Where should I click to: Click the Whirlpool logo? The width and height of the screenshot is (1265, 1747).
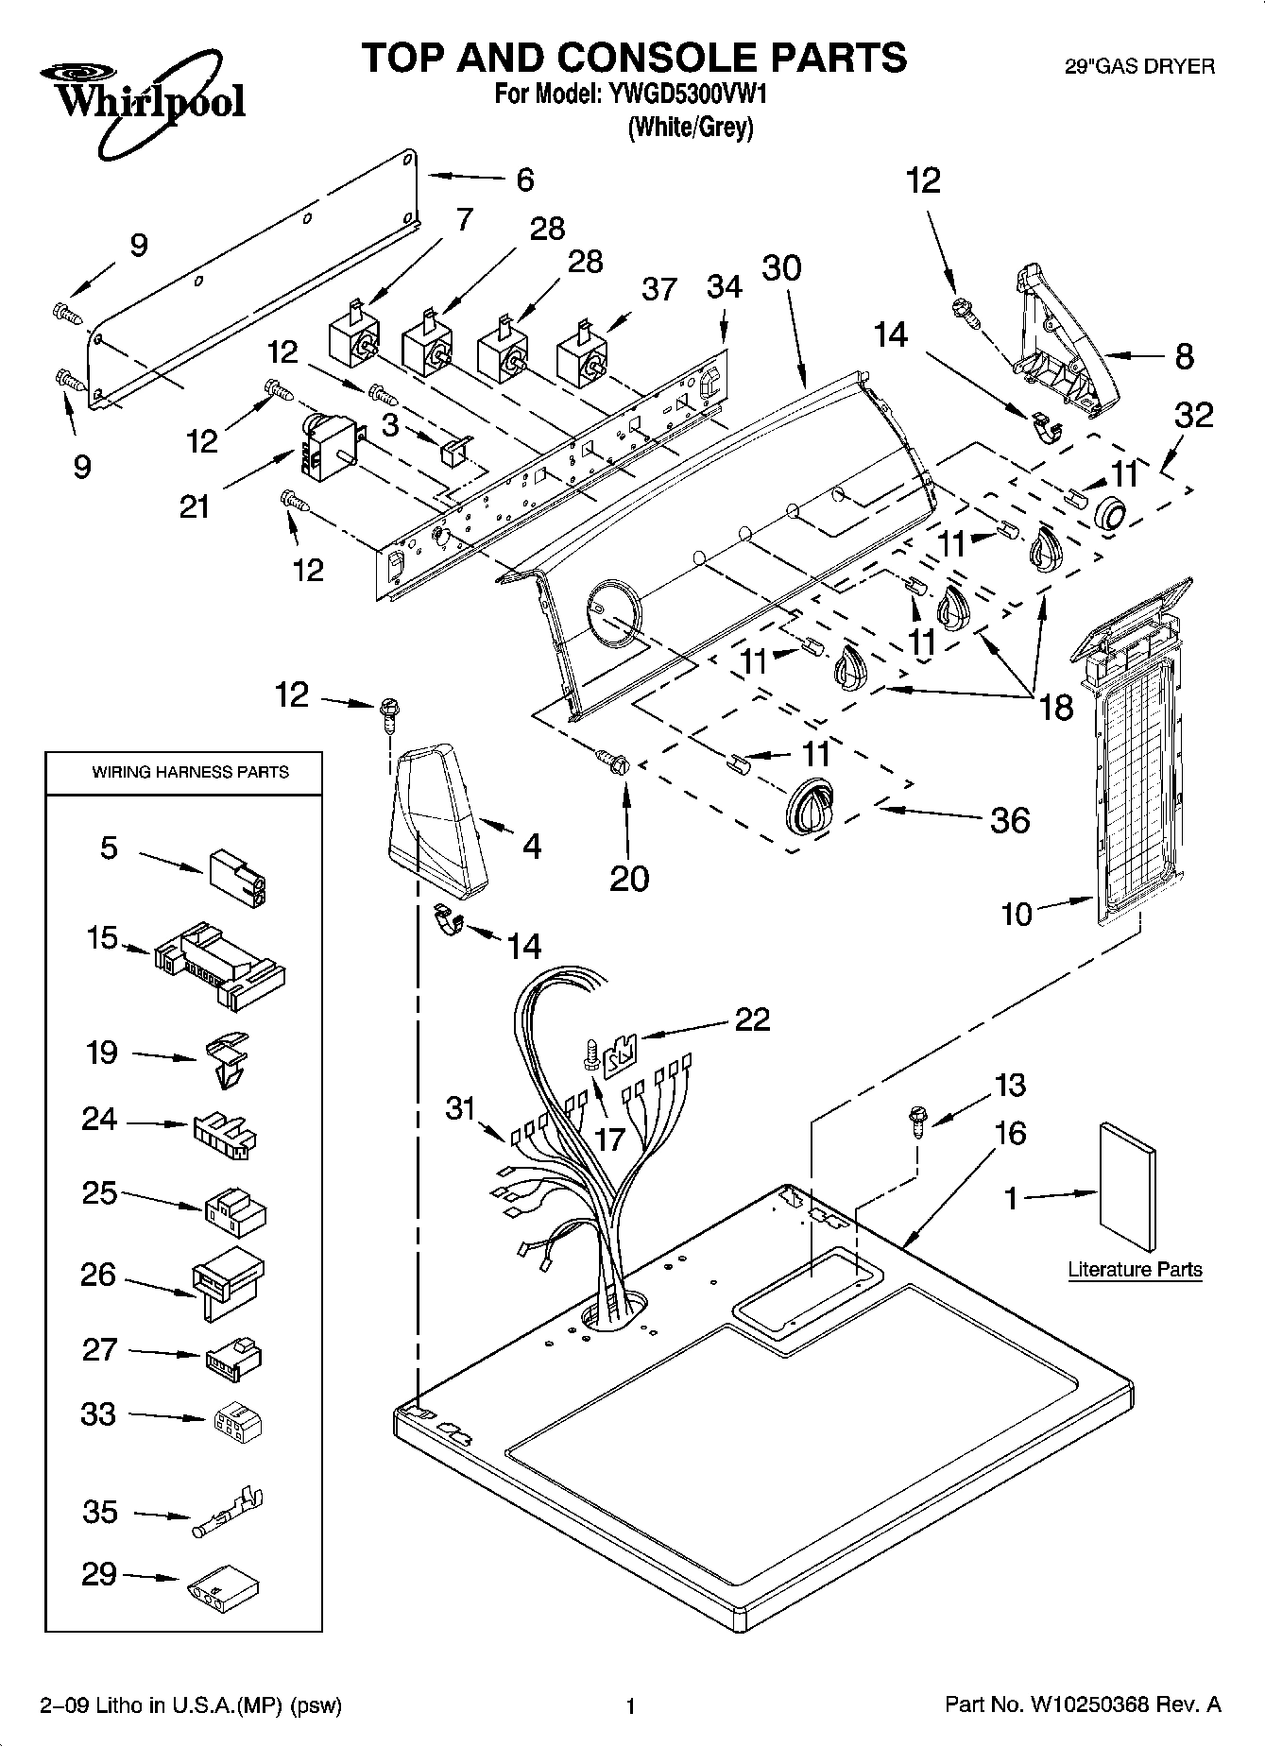coord(143,99)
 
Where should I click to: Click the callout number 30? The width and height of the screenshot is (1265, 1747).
coord(781,268)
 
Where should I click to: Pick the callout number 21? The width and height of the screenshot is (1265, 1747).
coord(195,506)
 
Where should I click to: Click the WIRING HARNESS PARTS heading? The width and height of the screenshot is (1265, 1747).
coord(190,772)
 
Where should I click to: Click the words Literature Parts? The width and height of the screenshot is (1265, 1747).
coord(1135,1269)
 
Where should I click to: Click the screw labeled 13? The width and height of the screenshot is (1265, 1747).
coord(915,1119)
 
